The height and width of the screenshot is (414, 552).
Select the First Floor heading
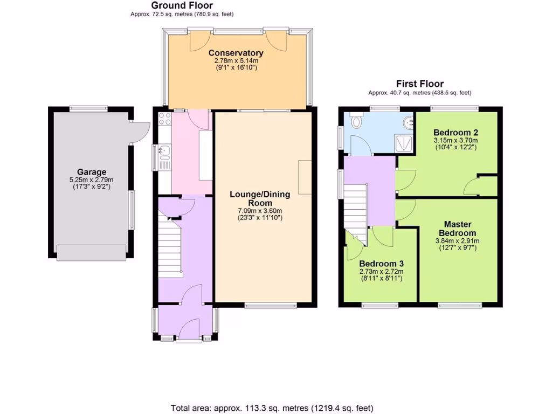(419, 84)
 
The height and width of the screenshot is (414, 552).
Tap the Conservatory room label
(236, 53)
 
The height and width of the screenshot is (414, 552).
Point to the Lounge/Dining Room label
(260, 198)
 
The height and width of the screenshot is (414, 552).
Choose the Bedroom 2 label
(456, 132)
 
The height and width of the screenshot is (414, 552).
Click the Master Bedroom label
(458, 229)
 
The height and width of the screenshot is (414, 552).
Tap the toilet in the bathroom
(356, 122)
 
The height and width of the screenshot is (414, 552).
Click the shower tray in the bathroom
(403, 143)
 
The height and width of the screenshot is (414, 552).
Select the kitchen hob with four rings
(164, 119)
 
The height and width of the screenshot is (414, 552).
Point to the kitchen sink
(164, 151)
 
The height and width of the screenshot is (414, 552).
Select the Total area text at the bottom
(272, 408)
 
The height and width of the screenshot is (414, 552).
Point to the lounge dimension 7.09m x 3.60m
(260, 210)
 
